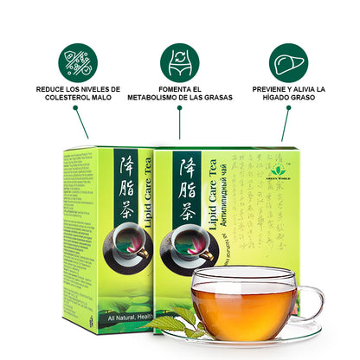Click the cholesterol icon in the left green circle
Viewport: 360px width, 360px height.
(x=78, y=62)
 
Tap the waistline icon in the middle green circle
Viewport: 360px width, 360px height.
(x=179, y=62)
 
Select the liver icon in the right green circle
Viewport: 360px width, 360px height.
(x=287, y=62)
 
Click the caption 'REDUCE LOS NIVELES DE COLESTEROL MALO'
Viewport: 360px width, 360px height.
(x=78, y=93)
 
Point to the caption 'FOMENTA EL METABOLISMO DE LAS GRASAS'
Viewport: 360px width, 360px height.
(x=179, y=93)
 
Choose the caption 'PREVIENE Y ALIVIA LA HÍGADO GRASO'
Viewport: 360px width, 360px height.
(x=287, y=93)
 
